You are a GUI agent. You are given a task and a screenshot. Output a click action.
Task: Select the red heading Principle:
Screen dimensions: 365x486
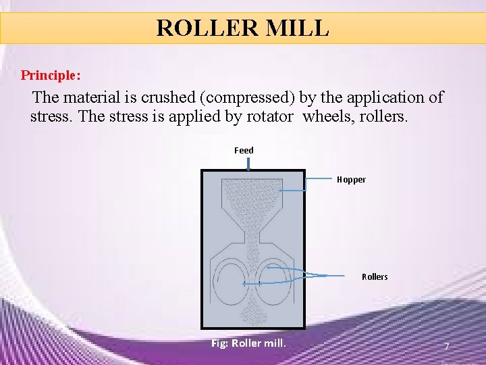coord(51,74)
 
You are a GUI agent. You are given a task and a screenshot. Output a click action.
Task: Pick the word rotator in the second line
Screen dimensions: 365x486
coord(268,116)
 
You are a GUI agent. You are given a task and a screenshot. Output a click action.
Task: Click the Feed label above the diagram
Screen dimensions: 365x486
coord(244,150)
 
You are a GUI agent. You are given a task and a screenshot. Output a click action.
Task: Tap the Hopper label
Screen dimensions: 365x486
coord(351,179)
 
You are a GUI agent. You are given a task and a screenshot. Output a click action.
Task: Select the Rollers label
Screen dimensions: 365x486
coord(375,276)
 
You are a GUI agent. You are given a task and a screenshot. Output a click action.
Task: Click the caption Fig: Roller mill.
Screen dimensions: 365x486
coord(248,343)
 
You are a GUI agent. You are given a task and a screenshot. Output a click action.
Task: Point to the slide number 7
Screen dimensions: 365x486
coord(446,347)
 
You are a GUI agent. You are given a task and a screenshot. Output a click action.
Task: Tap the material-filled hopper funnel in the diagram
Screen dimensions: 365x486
coord(253,196)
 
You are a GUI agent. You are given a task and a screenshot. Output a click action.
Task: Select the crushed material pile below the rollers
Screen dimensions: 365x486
coord(254,312)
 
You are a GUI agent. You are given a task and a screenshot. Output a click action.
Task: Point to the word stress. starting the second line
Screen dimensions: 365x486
coord(52,116)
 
